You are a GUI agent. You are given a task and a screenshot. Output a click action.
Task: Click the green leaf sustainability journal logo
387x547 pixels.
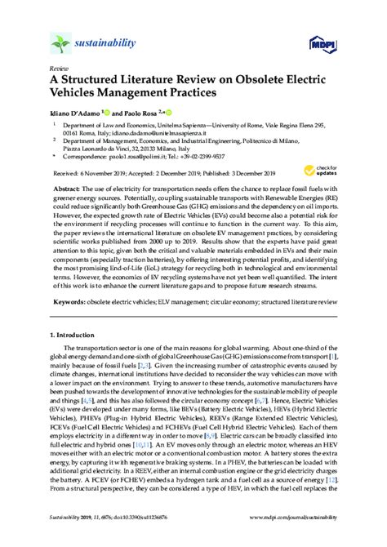tap(61, 42)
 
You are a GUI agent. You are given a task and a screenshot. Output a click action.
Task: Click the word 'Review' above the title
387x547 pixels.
tap(58, 69)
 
